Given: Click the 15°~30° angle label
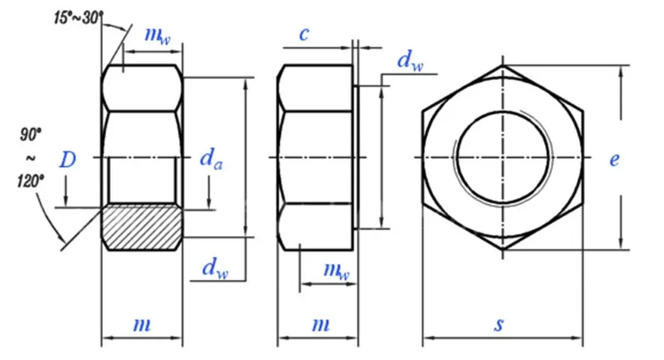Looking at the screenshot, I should (76, 17).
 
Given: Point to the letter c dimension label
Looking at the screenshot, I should (304, 34).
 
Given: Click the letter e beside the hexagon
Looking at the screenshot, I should (615, 160).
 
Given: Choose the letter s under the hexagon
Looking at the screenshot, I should (499, 325).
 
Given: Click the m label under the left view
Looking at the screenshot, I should (142, 325).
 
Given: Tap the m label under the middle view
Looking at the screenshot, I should (320, 325).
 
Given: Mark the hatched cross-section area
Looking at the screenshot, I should (142, 227).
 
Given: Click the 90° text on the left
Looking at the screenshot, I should (30, 134).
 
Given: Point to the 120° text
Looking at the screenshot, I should (30, 181).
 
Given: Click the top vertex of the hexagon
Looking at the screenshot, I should (502, 64).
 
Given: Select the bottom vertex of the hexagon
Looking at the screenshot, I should (502, 250).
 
